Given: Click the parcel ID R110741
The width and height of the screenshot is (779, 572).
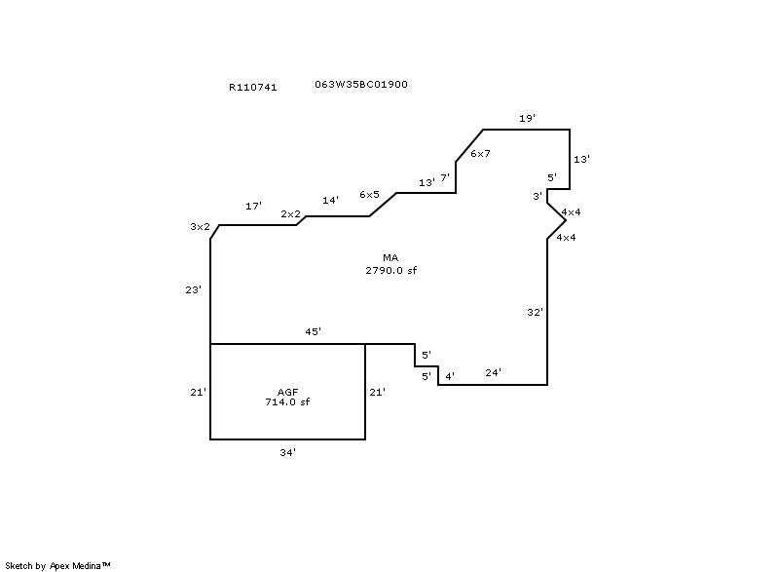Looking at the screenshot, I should (x=253, y=87).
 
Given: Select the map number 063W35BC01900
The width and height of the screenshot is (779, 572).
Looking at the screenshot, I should (x=361, y=84).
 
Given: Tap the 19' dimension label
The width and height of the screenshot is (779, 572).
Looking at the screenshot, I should (x=527, y=118).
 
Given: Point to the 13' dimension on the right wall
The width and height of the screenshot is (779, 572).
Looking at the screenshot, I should (x=581, y=158).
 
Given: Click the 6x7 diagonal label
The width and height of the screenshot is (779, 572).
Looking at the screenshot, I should (x=480, y=154).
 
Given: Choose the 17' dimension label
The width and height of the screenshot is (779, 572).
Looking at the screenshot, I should (x=253, y=207).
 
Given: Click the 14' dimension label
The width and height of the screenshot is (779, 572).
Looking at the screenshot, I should (x=330, y=200).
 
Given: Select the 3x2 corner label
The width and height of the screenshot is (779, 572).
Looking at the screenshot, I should (x=200, y=227).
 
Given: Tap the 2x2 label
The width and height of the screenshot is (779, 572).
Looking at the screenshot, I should (x=290, y=213).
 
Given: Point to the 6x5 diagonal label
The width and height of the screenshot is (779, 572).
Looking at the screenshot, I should (x=369, y=195).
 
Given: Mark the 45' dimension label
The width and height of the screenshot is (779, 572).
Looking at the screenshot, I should (x=313, y=332).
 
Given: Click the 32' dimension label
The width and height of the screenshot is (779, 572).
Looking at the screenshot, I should (x=534, y=312).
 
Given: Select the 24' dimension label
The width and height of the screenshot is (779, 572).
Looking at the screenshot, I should (x=493, y=372).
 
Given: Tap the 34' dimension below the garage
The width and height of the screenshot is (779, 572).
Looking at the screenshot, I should (x=287, y=452).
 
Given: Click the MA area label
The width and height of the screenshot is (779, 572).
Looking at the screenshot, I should (x=390, y=258).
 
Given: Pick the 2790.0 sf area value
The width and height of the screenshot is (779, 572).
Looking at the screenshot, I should (x=390, y=269).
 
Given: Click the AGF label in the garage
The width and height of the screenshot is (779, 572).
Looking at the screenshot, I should (x=287, y=392).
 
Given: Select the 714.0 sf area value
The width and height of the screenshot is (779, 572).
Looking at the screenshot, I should (x=287, y=401).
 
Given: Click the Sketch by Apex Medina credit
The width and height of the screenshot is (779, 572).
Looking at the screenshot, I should (x=58, y=565).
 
